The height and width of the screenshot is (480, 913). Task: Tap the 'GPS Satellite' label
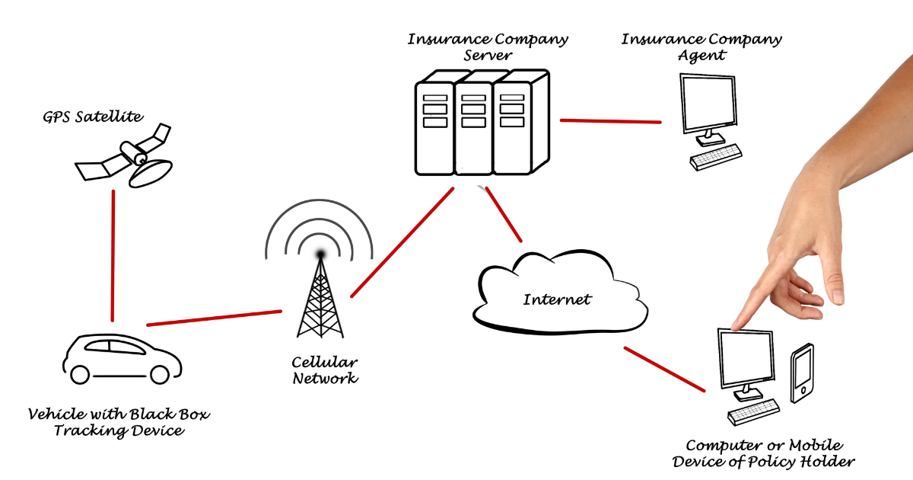pyautogui.click(x=93, y=117)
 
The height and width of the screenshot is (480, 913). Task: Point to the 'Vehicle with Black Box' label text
pyautogui.click(x=119, y=415)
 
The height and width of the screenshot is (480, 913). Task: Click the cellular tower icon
pyautogui.click(x=319, y=293)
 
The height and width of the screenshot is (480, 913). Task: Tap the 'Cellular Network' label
pyautogui.click(x=325, y=370)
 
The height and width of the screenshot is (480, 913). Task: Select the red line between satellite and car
pyautogui.click(x=113, y=255)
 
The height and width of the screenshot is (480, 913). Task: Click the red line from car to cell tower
pyautogui.click(x=214, y=318)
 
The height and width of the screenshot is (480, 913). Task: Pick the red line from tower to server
pyautogui.click(x=402, y=242)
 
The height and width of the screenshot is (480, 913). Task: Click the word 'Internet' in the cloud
pyautogui.click(x=557, y=299)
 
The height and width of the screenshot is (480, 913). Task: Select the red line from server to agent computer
pyautogui.click(x=610, y=120)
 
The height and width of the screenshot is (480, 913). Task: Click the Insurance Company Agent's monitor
pyautogui.click(x=708, y=104)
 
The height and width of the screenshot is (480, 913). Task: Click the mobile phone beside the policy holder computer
pyautogui.click(x=802, y=373)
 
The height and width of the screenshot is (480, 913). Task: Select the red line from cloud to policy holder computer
pyautogui.click(x=673, y=370)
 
